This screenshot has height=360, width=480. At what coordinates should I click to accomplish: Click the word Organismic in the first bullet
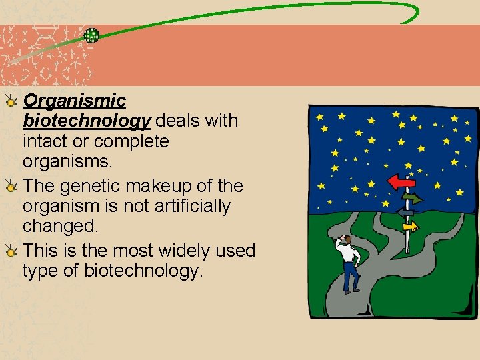[x=74, y=101]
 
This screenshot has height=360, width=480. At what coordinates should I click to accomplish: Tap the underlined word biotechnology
[x=87, y=121]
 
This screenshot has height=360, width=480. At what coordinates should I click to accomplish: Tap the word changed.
[x=60, y=226]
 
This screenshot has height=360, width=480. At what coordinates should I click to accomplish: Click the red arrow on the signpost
[x=401, y=181]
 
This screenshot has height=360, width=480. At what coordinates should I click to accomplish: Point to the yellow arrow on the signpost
[x=411, y=227]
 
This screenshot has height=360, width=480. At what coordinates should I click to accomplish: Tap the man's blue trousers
[x=349, y=275]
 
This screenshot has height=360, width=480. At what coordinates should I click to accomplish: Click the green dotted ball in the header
[x=92, y=35]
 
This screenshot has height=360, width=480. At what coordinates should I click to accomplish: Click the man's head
[x=345, y=239]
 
